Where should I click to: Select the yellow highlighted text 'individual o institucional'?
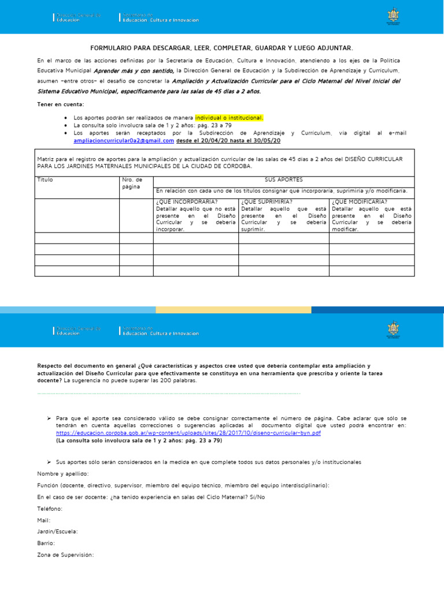pos(229,118)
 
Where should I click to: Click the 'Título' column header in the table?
pos(45,180)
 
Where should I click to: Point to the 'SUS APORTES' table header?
pos(283,180)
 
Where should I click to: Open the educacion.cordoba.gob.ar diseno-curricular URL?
pos(188,432)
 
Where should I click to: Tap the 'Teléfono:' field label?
pos(50,508)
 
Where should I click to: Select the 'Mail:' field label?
pos(44,520)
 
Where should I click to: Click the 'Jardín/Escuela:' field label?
pos(58,532)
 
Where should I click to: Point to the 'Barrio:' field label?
pos(46,543)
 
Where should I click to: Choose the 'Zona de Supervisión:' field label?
pos(65,555)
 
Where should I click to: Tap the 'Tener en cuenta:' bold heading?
pos(61,104)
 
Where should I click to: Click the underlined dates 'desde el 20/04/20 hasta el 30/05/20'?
pos(228,140)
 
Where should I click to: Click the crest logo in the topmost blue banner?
pos(393,17)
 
